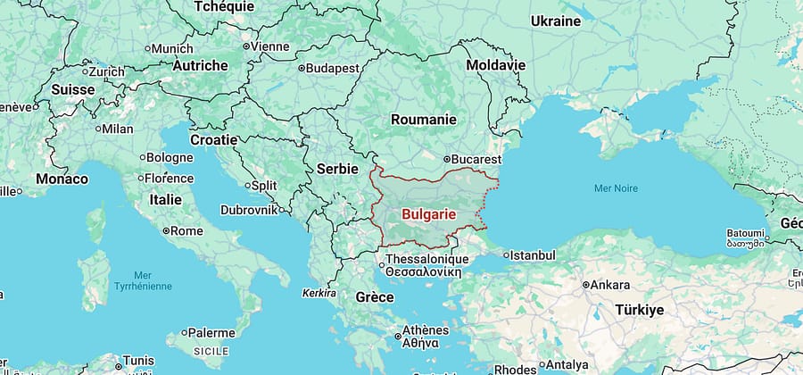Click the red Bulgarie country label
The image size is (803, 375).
pos(428,214)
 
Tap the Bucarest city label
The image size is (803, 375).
pos(481,159)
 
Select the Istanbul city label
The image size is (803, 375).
pos(534,255)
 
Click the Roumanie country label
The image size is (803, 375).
pos(423,119)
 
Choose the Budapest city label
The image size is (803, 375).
pos(333,68)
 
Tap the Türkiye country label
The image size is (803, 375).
pos(639,310)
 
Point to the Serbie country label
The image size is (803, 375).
pos(337,168)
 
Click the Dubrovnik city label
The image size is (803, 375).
pos(249,211)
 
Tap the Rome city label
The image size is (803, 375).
pos(186,230)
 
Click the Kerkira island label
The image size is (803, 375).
pos(319,293)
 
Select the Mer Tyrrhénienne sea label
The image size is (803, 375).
pos(142,281)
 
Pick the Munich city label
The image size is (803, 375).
pos(171,48)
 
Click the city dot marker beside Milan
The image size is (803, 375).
pos(97,129)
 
